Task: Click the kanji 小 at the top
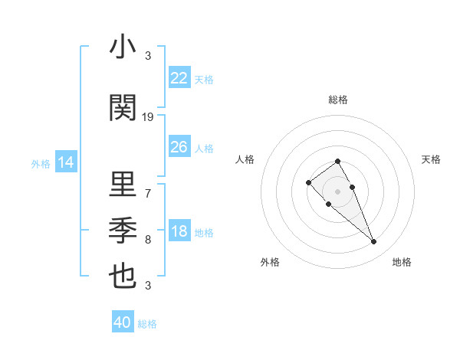[123, 47]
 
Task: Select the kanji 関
[123, 109]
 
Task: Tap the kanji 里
[123, 185]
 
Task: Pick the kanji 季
[123, 231]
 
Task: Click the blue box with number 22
[179, 78]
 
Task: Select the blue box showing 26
[179, 147]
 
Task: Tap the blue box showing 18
[179, 232]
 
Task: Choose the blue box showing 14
[66, 162]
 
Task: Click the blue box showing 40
[123, 322]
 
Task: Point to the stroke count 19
[148, 117]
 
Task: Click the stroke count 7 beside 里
[148, 193]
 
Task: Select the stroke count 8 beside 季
[148, 240]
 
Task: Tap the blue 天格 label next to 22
[204, 80]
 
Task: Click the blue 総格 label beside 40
[147, 324]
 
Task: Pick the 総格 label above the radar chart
[338, 100]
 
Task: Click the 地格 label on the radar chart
[402, 262]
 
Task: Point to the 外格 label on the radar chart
[270, 262]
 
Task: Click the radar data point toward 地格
[374, 242]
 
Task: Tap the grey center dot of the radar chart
[337, 191]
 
